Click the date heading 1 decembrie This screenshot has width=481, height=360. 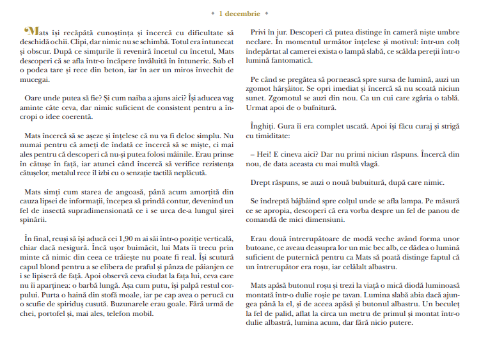[240, 13]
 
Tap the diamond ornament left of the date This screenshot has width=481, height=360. [212, 13]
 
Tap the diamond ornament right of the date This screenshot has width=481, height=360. [267, 13]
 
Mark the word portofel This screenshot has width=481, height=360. [57, 314]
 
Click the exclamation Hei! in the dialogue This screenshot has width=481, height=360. [262, 155]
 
